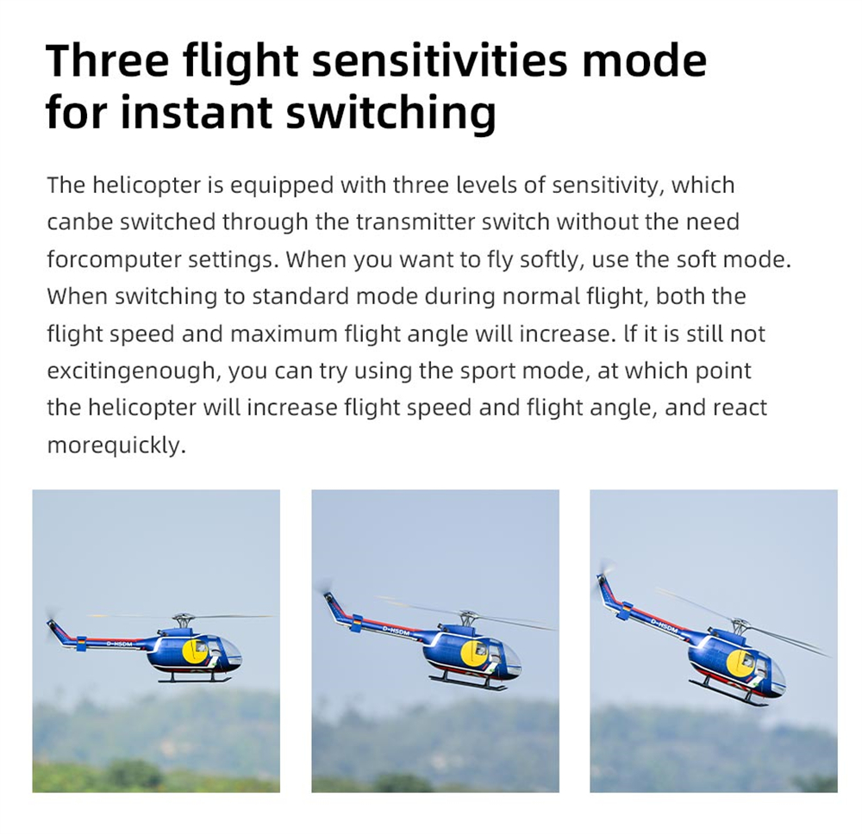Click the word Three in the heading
[107, 60]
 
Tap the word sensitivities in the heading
[440, 60]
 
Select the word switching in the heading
[390, 113]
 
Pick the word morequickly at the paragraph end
[116, 445]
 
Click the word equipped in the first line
[282, 186]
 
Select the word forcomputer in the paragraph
[114, 260]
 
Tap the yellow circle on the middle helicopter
[474, 654]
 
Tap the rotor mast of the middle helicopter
[466, 619]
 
